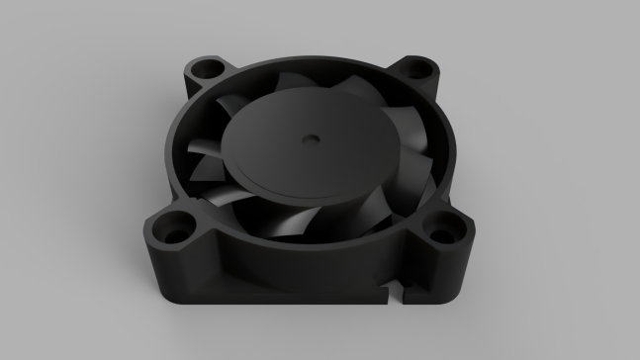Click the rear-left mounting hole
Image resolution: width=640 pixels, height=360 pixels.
[207, 71]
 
